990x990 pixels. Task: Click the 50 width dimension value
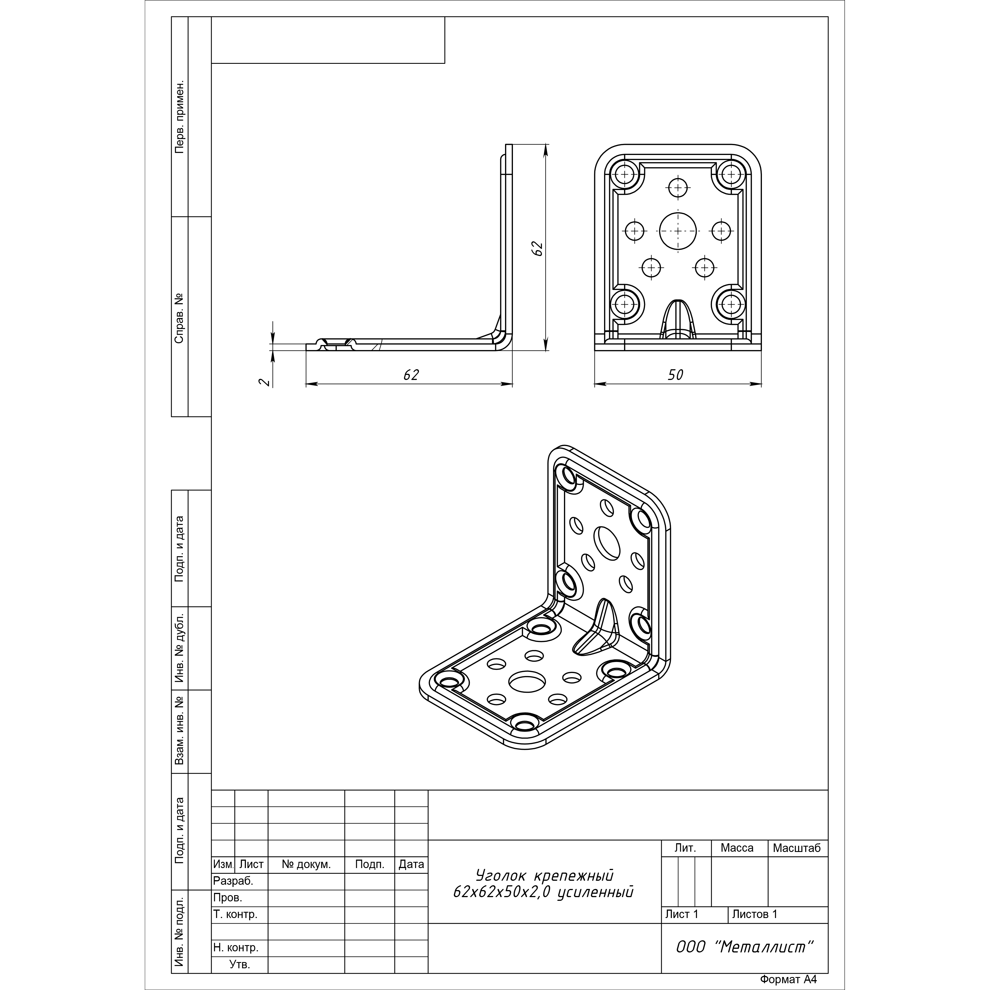[675, 375]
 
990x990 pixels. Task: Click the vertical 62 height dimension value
[537, 248]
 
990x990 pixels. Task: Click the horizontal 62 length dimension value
[411, 375]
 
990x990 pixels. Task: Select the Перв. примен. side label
[179, 117]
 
